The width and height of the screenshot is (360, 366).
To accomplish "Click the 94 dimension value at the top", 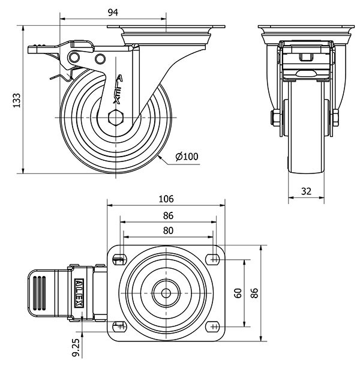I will click(112, 12).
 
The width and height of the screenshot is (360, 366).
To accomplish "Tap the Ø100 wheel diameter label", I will click(187, 157).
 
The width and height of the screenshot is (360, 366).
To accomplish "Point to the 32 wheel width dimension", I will click(306, 191).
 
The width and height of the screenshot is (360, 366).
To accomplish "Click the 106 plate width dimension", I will click(166, 199).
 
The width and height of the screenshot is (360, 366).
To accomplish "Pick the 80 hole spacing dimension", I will click(167, 230).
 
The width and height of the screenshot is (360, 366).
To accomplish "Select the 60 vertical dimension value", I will click(238, 293).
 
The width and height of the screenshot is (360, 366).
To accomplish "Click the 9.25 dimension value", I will click(76, 349).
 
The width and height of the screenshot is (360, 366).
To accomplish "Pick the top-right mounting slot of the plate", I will click(213, 259).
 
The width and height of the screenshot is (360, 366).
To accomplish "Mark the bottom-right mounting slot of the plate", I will click(213, 326).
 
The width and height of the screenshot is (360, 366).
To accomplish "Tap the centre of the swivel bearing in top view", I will click(166, 293).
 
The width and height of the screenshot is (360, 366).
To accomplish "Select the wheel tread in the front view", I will click(306, 144).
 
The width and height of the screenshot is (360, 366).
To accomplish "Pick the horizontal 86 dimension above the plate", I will click(167, 215).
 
